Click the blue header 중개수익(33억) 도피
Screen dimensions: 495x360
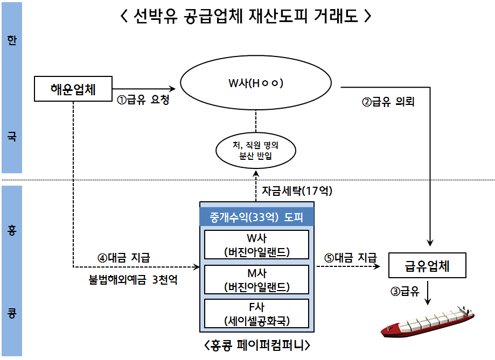[x=256, y=217]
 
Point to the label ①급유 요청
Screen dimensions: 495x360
[x=143, y=100]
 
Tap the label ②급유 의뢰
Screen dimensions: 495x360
[x=388, y=102]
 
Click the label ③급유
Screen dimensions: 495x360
[x=405, y=291]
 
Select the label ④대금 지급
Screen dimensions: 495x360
[x=124, y=258]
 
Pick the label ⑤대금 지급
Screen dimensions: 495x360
[x=351, y=258]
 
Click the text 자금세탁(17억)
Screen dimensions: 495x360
[x=297, y=190]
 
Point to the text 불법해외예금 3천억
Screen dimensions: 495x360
[x=133, y=279]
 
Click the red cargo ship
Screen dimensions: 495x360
[x=428, y=321]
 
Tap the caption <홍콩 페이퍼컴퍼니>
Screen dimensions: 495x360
[x=257, y=345]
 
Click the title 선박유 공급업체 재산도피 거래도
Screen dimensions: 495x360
[x=246, y=16]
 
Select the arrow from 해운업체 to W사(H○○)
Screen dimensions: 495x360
[x=144, y=89]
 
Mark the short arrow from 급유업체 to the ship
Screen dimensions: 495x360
[x=428, y=293]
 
